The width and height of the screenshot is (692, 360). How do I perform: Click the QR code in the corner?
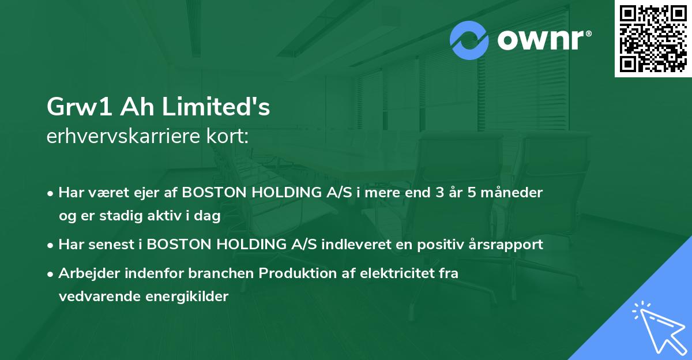tap(653, 38)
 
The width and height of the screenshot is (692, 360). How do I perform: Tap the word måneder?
tap(513, 192)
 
